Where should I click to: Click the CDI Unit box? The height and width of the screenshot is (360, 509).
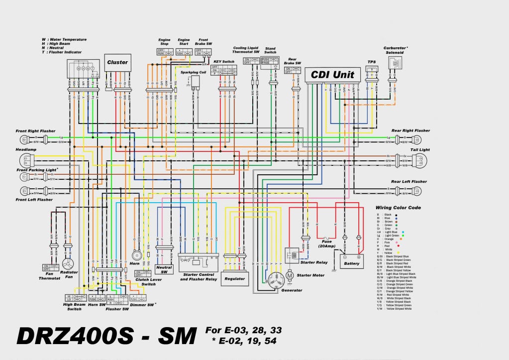pyautogui.click(x=332, y=75)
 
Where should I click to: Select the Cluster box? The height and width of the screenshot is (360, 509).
pyautogui.click(x=117, y=62)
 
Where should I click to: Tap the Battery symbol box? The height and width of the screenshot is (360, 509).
pyautogui.click(x=351, y=261)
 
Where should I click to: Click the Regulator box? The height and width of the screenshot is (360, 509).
pyautogui.click(x=234, y=278)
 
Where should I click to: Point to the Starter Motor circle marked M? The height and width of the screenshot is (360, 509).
pyautogui.click(x=289, y=275)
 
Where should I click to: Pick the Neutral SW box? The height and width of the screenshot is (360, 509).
pyautogui.click(x=164, y=269)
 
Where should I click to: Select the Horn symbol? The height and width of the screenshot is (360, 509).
pyautogui.click(x=136, y=256)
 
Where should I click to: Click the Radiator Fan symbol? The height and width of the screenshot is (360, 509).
pyautogui.click(x=68, y=263)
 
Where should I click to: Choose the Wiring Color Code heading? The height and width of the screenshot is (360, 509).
pyautogui.click(x=398, y=207)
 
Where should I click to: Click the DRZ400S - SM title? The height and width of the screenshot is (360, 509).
pyautogui.click(x=106, y=337)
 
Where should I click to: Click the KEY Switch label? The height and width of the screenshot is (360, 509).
pyautogui.click(x=223, y=61)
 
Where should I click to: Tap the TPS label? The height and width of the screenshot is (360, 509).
pyautogui.click(x=371, y=62)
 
